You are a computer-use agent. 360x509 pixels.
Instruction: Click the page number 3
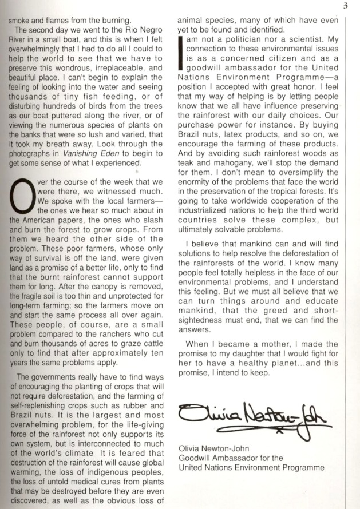(346, 6)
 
